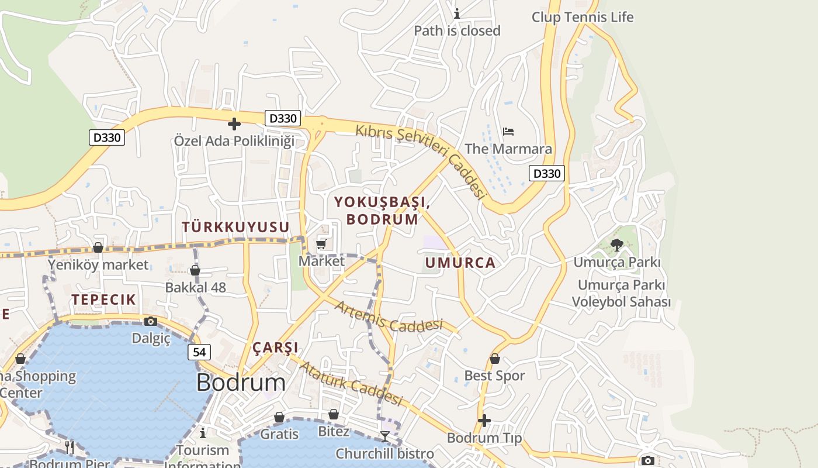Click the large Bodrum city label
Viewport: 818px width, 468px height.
pos(241,383)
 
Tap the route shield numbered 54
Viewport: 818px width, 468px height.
pos(199,352)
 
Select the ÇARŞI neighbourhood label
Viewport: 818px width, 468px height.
pos(275,347)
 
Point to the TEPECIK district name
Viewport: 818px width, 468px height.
pos(104,300)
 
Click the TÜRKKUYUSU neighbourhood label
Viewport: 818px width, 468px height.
pos(235,227)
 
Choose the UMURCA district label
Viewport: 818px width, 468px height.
pos(460,263)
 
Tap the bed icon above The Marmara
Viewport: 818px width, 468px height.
pos(508,131)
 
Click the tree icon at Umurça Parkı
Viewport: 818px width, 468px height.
pos(616,245)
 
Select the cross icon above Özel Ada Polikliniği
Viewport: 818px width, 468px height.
pos(234,124)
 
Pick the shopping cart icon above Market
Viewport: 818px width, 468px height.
pos(321,243)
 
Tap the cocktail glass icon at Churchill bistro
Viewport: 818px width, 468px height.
pos(384,436)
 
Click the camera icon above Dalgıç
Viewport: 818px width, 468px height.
pos(151,321)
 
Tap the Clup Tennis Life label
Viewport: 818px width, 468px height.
pos(582,17)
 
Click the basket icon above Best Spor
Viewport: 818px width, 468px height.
pos(495,359)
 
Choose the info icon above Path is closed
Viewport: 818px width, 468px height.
pos(457,13)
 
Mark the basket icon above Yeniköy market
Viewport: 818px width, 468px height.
pos(98,247)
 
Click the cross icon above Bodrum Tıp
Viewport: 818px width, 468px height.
pos(484,421)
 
